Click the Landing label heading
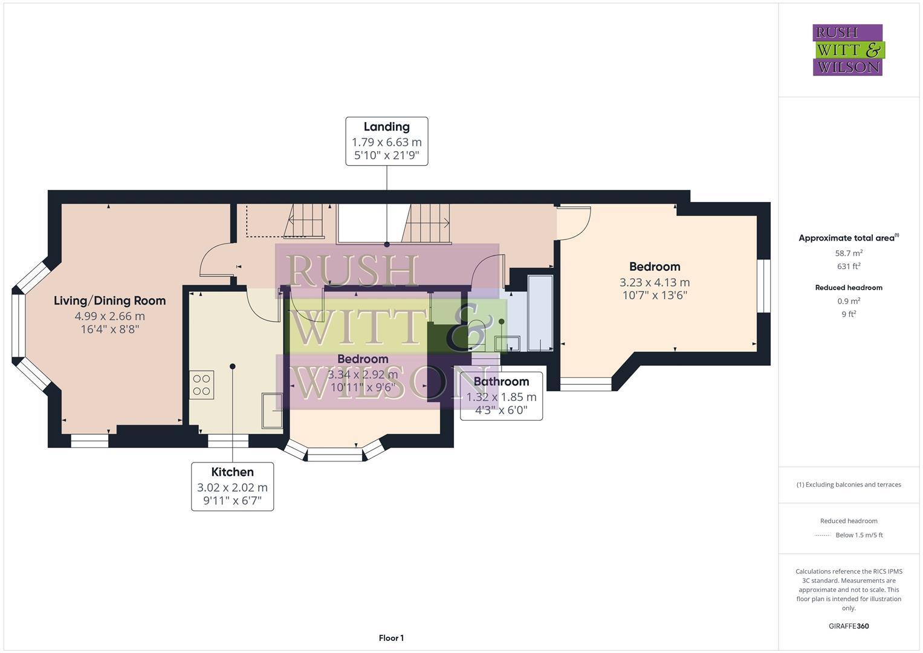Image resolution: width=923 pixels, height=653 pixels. (386, 127)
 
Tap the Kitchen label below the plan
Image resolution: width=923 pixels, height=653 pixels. (232, 472)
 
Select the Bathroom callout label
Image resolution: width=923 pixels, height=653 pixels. (501, 382)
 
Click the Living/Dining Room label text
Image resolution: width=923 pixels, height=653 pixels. (109, 301)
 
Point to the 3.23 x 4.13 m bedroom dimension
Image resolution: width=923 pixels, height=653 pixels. (654, 282)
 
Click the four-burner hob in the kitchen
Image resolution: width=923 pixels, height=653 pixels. (201, 385)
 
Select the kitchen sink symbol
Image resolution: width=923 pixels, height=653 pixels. (272, 411)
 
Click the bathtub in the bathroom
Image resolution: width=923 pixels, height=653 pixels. (539, 313)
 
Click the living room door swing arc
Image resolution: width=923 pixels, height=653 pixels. (214, 260)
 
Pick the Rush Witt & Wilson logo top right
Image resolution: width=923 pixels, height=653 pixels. (848, 50)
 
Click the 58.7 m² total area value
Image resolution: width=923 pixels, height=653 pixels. (849, 253)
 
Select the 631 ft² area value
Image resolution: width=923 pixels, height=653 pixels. (849, 266)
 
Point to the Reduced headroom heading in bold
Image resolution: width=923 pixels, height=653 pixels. (849, 288)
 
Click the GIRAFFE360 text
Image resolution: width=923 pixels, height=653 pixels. (849, 626)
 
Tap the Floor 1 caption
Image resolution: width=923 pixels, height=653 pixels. (391, 638)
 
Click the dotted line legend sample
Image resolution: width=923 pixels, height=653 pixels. (823, 535)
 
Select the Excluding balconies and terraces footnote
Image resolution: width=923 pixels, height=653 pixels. (849, 484)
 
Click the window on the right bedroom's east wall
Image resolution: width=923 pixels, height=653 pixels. (764, 286)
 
